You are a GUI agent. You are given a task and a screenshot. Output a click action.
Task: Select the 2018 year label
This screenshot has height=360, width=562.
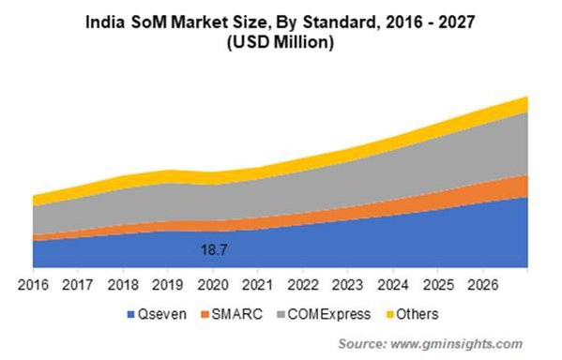124,285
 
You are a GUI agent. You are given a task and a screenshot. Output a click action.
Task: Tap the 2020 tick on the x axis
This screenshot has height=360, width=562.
214,285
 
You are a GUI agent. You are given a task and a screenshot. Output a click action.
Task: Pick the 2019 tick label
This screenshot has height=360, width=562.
169,285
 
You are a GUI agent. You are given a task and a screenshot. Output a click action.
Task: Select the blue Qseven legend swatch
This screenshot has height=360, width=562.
129,313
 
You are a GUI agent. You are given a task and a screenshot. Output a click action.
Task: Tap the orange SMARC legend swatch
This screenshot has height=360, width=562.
207,313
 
